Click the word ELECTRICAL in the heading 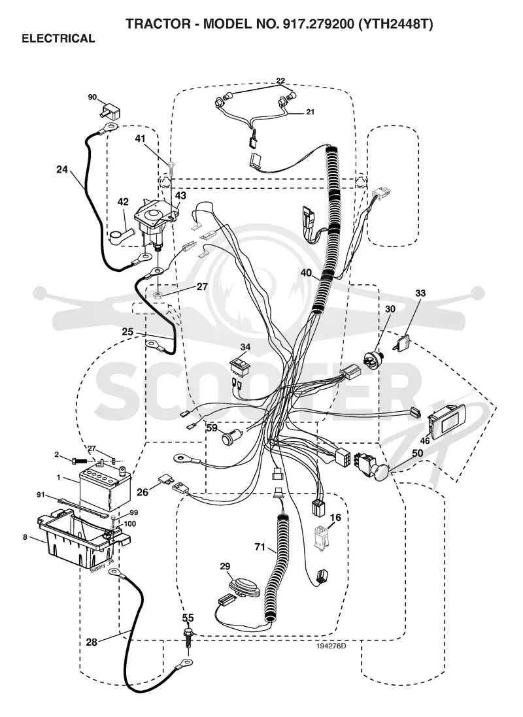coord(58,39)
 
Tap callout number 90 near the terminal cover coord(92,97)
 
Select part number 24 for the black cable coord(61,170)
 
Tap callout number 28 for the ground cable coord(92,642)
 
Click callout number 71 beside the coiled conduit coord(260,547)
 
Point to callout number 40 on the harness coord(306,273)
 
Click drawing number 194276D coord(331,646)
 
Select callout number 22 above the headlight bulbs coord(280,81)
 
